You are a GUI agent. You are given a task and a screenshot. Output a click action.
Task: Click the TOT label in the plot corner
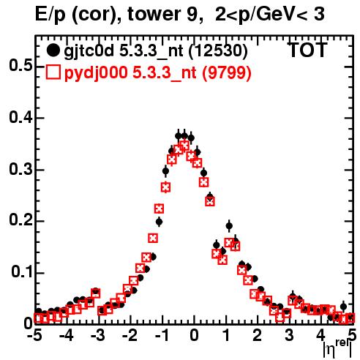click(x=307, y=50)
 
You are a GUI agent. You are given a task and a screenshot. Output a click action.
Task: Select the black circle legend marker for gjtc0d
click(x=53, y=50)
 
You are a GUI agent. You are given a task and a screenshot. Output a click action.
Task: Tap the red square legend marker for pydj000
click(x=53, y=72)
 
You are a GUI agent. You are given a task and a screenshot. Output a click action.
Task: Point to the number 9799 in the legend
click(x=227, y=72)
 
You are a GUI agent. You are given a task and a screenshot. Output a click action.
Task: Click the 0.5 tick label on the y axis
click(x=20, y=65)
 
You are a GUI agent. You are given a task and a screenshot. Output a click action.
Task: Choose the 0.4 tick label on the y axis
click(x=20, y=117)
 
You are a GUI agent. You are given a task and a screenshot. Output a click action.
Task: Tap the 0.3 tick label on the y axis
click(x=20, y=169)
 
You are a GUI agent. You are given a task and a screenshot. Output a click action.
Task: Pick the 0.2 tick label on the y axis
click(x=20, y=220)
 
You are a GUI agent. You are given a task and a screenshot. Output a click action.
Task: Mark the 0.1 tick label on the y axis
click(x=21, y=271)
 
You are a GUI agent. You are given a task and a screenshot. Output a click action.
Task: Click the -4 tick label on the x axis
click(x=67, y=335)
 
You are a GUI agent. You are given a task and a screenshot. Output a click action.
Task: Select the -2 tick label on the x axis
click(x=130, y=335)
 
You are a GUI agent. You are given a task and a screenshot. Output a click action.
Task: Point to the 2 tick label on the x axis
click(x=257, y=335)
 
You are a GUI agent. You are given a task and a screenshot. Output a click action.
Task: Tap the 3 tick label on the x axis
click(x=289, y=335)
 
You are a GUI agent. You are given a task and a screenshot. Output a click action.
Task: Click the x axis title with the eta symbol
click(x=337, y=348)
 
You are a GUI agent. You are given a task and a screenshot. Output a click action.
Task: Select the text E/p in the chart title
click(x=50, y=15)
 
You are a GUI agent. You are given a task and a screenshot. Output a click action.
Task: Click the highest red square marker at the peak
click(x=184, y=146)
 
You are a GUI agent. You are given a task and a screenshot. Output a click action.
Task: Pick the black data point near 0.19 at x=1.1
click(x=229, y=226)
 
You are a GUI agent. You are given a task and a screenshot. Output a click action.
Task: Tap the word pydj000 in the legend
click(x=96, y=72)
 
